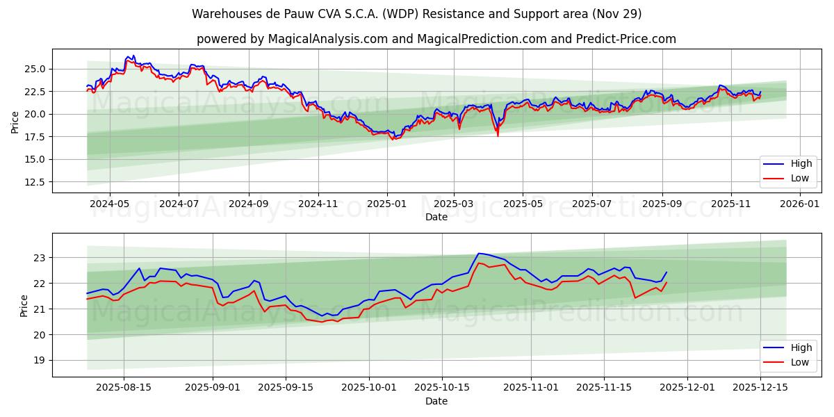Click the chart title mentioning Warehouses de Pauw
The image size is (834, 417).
coord(417,14)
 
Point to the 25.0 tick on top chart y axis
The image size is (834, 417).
coord(35,69)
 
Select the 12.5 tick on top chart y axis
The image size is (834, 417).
coord(35,182)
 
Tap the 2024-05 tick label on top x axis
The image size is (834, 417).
coord(111,204)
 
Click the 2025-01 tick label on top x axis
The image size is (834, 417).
coord(386,204)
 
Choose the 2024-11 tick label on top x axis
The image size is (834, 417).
coord(318,204)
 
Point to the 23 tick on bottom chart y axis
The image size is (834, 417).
coord(40,258)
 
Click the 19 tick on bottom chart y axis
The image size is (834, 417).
coord(40,360)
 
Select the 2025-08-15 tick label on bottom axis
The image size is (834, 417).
coord(124,388)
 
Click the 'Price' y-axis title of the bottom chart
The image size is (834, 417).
coord(24,306)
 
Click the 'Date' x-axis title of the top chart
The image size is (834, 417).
coord(436,217)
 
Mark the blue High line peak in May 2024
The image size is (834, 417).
coord(133,56)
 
